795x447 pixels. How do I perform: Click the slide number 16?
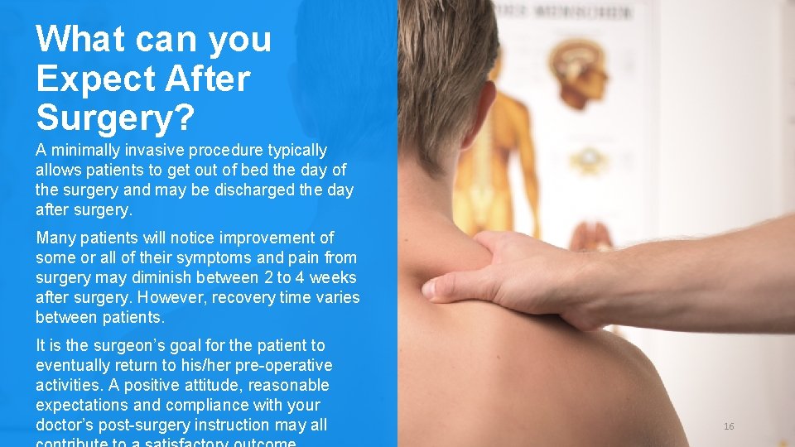click(x=729, y=426)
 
